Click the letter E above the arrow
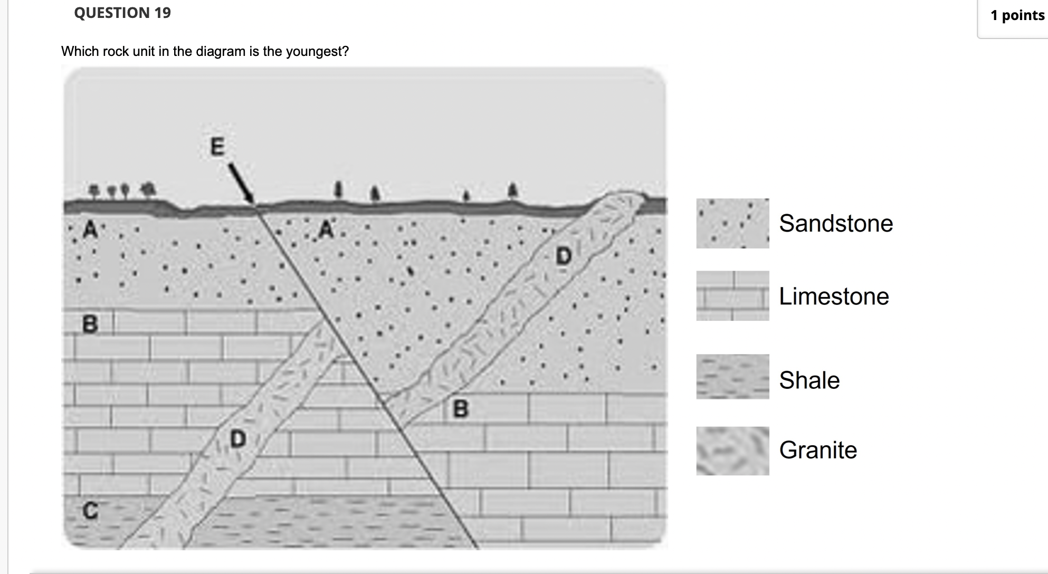point(217,146)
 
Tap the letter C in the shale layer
point(90,511)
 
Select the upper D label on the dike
point(564,256)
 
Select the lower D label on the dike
point(238,439)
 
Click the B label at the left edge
point(90,324)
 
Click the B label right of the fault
point(461,409)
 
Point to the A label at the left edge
point(91,229)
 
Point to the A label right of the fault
point(327,229)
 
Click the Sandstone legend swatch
point(732,223)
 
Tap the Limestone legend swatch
point(732,296)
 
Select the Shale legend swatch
point(732,377)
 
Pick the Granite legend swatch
point(732,451)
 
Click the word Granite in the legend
point(818,450)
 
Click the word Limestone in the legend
point(834,296)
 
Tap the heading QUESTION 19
point(122,13)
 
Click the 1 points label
point(1017,15)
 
